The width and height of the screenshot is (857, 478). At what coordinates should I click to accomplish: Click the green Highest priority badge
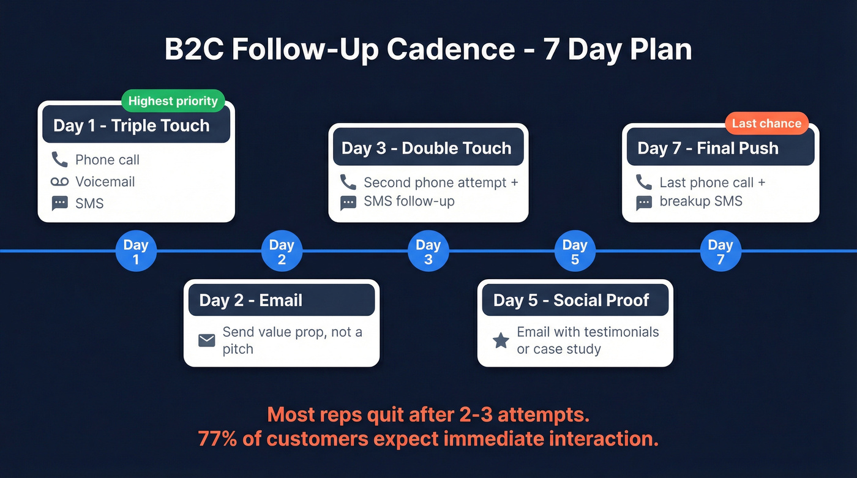coord(173,101)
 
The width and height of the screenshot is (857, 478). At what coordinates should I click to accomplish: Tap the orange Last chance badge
coord(766,123)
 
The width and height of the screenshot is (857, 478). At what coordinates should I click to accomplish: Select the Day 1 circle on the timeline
coord(136,252)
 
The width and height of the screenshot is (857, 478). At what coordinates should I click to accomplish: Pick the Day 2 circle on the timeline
coord(282,252)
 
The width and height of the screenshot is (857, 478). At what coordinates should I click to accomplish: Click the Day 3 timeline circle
coord(428,252)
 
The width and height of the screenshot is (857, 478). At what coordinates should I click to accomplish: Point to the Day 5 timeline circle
coord(575,252)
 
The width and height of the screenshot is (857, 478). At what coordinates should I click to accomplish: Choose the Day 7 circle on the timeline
coord(720,252)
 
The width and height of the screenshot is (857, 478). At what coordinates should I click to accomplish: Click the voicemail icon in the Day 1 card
coord(59,182)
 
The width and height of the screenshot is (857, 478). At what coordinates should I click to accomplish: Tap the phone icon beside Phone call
coord(59,160)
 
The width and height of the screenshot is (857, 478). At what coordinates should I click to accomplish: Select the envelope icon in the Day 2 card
coord(207,340)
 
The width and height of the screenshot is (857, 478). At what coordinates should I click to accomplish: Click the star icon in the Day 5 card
coord(501,340)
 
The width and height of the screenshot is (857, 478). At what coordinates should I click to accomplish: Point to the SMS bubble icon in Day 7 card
coord(644,203)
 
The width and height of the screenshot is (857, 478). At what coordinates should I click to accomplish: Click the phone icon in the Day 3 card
coord(348,182)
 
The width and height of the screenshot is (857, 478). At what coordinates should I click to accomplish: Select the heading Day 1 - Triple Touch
coord(132,125)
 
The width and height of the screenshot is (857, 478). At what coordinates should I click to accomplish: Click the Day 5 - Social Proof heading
coord(571,300)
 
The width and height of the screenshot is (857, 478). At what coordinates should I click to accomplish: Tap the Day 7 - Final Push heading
coord(708,148)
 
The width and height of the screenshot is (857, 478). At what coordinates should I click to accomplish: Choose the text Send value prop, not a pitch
coord(292,340)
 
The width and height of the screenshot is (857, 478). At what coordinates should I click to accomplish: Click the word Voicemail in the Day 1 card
coord(105,182)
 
